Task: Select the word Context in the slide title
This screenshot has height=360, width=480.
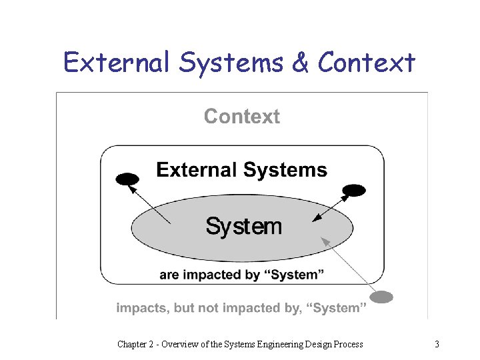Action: [367, 63]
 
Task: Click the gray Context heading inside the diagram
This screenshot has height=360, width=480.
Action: [241, 117]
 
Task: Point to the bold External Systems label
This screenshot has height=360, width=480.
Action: [241, 170]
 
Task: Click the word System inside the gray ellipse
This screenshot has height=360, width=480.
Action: [243, 226]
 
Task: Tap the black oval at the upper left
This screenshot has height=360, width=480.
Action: [127, 179]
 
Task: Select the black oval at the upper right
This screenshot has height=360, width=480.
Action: [354, 191]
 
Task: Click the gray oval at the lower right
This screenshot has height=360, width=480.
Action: [381, 297]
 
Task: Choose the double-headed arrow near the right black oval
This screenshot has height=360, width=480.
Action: [329, 207]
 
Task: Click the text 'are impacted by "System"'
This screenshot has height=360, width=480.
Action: [242, 275]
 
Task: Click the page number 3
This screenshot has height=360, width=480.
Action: [437, 345]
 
